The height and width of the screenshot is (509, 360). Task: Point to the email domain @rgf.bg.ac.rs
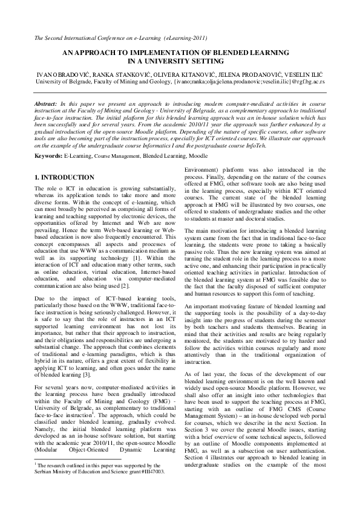pyautogui.click(x=303, y=80)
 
